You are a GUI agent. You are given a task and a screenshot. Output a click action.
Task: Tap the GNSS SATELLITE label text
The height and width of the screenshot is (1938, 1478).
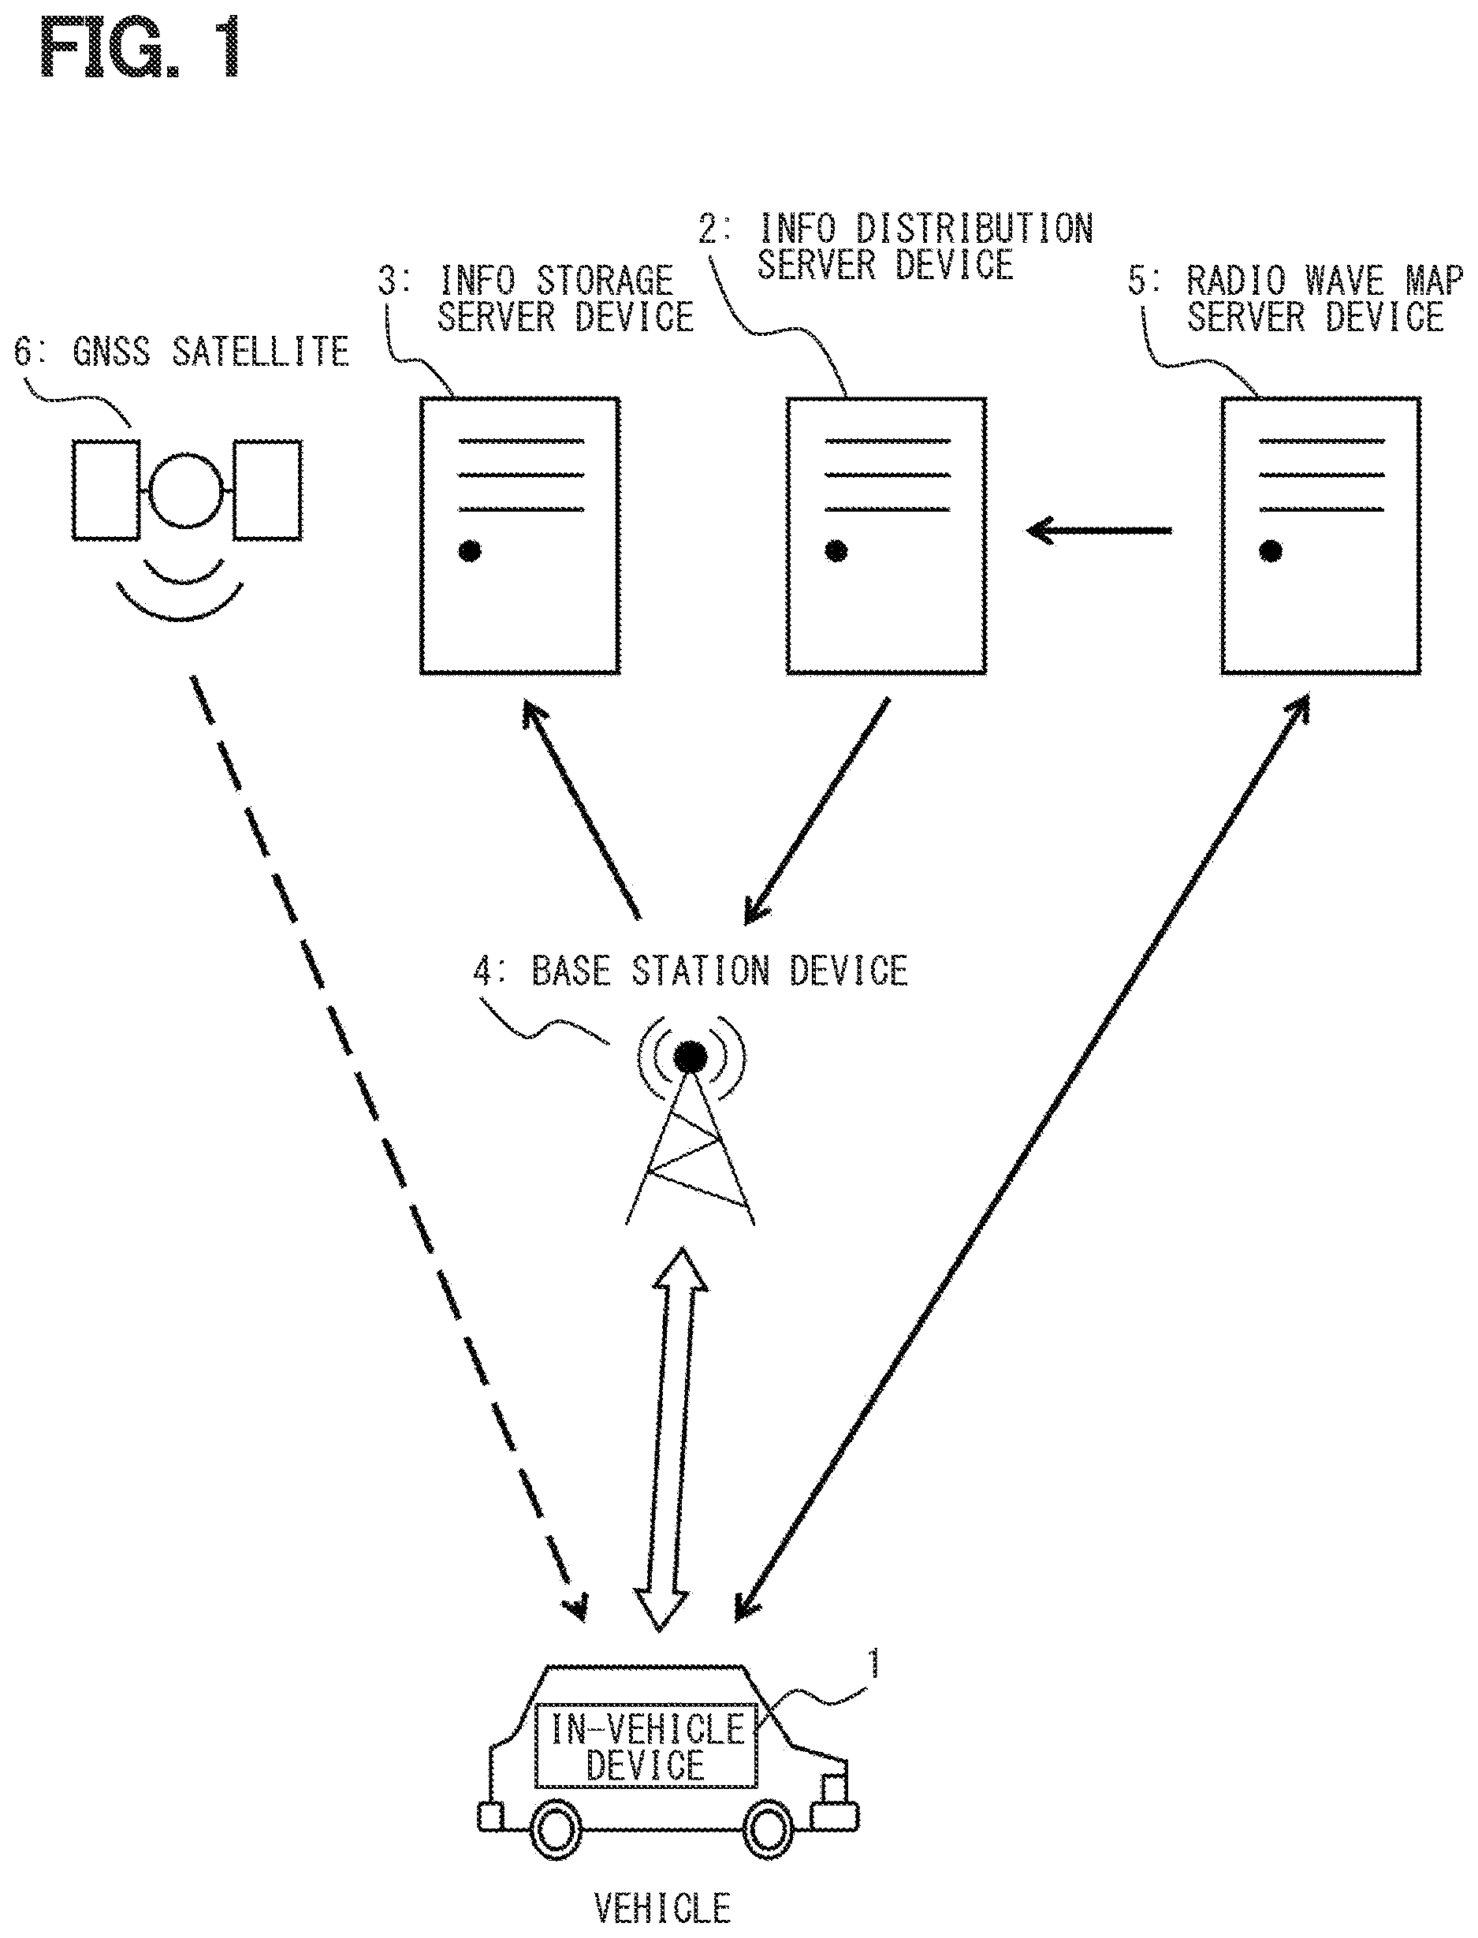coord(181,352)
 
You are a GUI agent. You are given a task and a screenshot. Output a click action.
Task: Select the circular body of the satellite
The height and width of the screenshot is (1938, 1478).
coord(187,489)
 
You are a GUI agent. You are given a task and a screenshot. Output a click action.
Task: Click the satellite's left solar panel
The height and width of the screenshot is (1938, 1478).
coord(106,490)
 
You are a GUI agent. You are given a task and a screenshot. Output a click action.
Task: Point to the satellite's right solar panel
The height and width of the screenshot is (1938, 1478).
coord(267,490)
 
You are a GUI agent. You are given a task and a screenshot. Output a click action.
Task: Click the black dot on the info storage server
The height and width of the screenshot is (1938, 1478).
coord(471,552)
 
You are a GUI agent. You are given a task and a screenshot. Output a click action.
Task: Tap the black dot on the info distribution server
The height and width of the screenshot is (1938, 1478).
coord(836,552)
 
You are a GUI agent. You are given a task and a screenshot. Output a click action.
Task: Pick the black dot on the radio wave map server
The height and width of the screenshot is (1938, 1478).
coord(1271,552)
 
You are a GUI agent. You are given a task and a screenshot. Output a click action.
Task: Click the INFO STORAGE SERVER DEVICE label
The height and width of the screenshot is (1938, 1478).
coord(537,299)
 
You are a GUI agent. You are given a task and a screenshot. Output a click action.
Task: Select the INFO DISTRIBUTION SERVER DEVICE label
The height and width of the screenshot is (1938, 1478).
coord(896,246)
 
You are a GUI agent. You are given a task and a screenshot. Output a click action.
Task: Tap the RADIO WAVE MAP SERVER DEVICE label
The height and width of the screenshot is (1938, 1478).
coord(1295,299)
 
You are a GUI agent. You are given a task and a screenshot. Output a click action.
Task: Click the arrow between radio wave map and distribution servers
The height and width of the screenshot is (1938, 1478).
coord(1100,531)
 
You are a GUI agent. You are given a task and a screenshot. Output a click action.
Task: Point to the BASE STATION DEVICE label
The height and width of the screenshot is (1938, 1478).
coord(691,971)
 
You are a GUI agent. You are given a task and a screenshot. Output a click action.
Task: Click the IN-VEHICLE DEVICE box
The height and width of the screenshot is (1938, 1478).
coord(646,1746)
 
